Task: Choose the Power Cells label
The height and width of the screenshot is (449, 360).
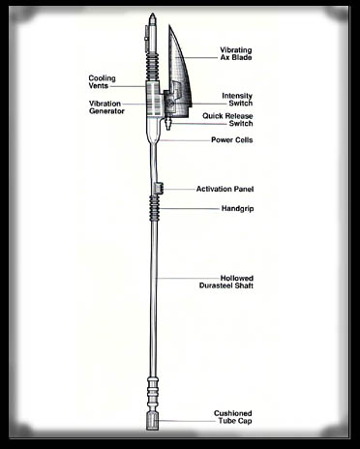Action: pyautogui.click(x=231, y=140)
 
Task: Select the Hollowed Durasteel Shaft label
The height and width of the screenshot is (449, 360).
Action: pyautogui.click(x=227, y=283)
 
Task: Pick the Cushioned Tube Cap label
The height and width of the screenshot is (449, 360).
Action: pyautogui.click(x=233, y=417)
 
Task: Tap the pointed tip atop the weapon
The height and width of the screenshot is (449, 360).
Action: pyautogui.click(x=152, y=17)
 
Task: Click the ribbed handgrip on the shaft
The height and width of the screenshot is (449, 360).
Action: pyautogui.click(x=152, y=207)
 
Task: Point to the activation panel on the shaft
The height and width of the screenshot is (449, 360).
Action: pyautogui.click(x=158, y=188)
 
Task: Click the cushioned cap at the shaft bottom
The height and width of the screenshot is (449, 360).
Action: pyautogui.click(x=152, y=423)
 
